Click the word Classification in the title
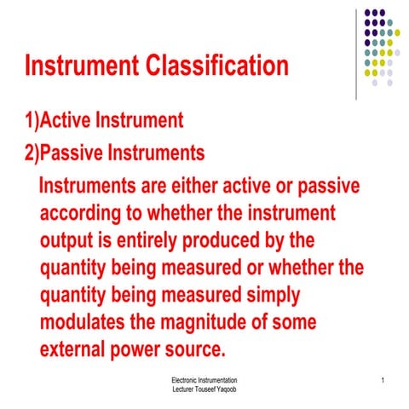coord(210,66)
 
